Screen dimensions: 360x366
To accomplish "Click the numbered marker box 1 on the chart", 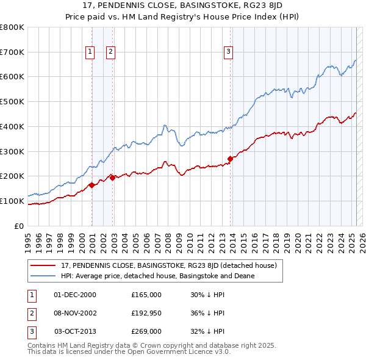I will point(90,52).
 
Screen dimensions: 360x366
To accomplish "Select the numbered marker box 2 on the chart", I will point(110,52).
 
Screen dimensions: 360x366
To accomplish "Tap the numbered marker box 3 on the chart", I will point(228,52).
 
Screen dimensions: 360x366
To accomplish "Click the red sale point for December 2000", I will point(91,185).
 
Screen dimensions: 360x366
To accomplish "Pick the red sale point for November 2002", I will point(113,178).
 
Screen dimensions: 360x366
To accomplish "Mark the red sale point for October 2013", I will point(230,159).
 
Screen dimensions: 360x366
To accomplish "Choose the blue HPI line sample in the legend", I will point(43,276).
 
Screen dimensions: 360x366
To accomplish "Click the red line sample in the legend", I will point(43,265).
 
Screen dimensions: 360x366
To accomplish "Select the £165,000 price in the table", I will point(146,294).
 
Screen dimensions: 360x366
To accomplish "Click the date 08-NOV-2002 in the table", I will point(76,313).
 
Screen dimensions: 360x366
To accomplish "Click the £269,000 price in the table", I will point(146,332).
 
